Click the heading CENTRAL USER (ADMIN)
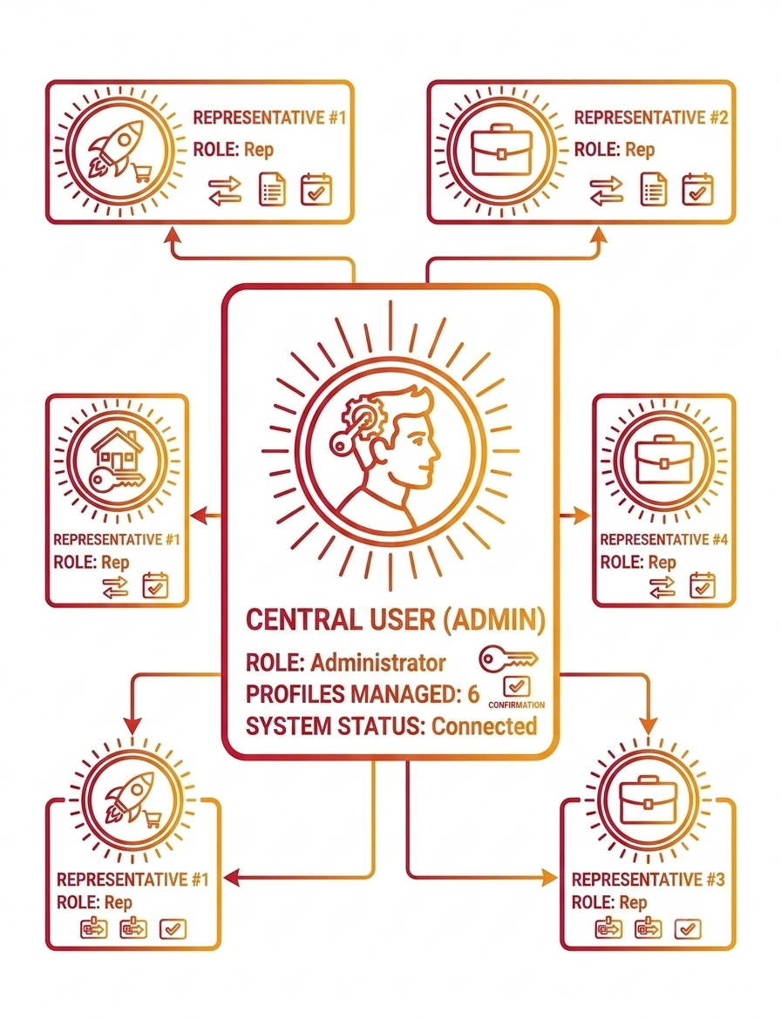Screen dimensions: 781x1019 point(396,620)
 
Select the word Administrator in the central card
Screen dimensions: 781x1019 point(377,662)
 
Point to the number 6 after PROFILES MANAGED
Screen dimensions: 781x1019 point(473,694)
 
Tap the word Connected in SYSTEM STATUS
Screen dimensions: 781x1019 point(485,725)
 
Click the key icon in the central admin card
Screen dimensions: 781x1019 point(508,659)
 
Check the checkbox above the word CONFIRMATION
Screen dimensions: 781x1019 point(517,686)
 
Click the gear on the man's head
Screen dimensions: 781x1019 point(357,413)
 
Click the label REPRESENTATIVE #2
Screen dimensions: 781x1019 point(651,118)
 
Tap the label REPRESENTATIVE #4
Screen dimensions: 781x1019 point(663,539)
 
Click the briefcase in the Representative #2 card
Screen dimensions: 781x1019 point(500,152)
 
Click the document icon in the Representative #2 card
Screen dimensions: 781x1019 point(654,189)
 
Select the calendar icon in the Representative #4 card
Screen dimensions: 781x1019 point(703,585)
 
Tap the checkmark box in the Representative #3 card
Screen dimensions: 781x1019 point(688,928)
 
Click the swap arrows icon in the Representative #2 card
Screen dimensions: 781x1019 point(606,191)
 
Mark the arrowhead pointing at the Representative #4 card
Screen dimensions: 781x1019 point(583,516)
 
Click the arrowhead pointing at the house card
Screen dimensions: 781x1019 point(198,516)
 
